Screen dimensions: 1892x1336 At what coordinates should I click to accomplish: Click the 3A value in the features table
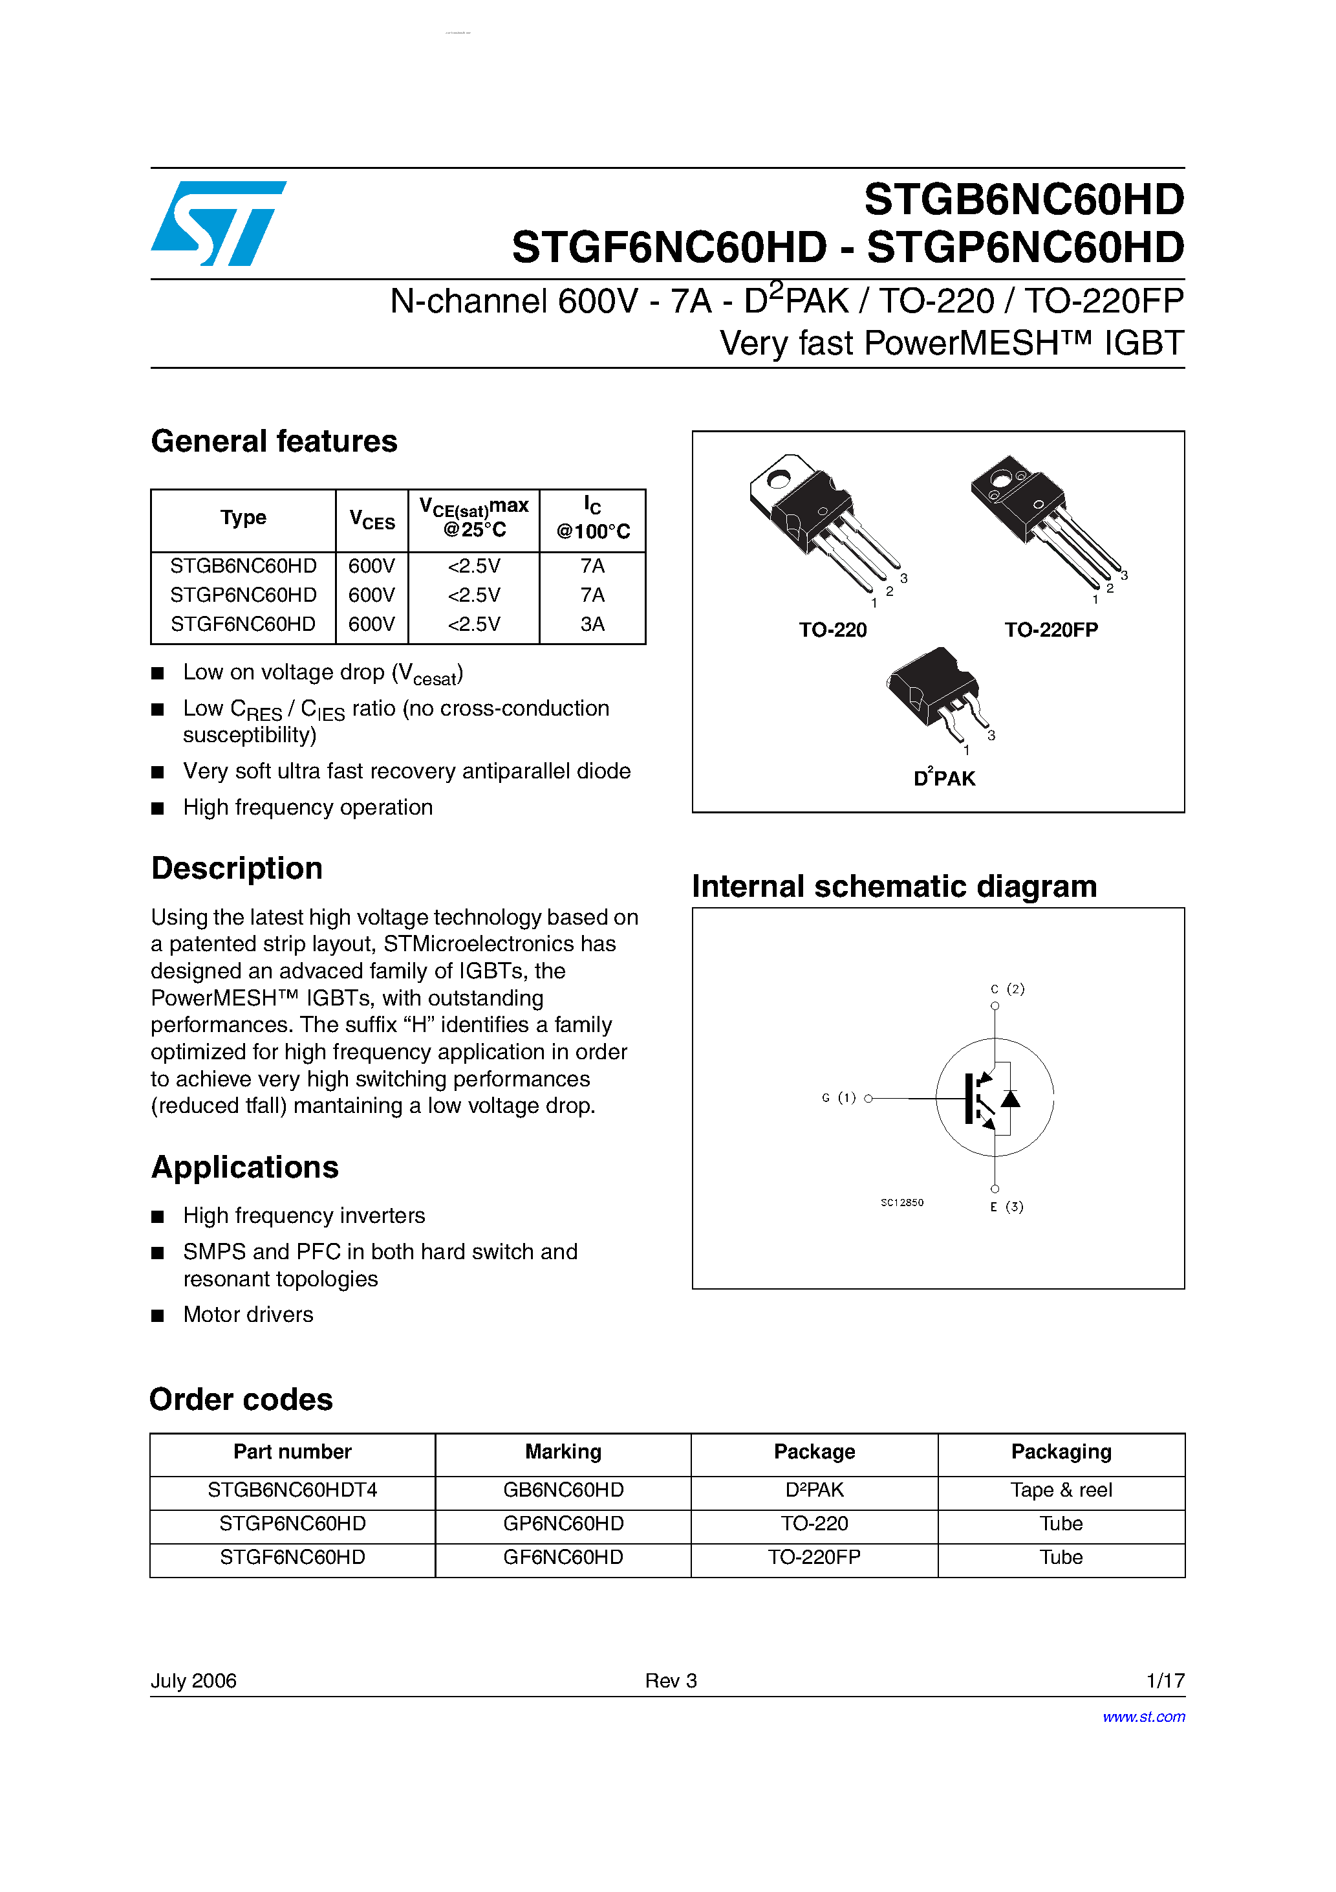coord(592,624)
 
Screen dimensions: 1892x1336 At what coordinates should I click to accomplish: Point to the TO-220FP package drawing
coord(1044,519)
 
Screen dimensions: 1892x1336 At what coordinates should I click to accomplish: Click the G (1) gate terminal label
coord(839,1097)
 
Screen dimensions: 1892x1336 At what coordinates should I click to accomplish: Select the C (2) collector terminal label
coord(1007,988)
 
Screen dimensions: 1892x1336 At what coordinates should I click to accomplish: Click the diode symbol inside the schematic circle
coord(1010,1099)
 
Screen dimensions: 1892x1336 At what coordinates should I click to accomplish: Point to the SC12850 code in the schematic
coord(902,1202)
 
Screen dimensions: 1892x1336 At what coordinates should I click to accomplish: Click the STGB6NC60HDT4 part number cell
coord(292,1490)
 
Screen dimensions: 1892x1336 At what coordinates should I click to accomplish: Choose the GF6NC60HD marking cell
coord(563,1557)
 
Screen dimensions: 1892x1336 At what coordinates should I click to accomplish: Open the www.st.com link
coord(1143,1717)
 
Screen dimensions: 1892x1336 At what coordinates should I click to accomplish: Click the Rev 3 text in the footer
coord(671,1680)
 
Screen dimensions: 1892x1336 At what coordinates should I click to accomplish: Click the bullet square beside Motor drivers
coord(158,1315)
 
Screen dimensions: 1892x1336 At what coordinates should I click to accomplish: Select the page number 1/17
coord(1165,1680)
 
